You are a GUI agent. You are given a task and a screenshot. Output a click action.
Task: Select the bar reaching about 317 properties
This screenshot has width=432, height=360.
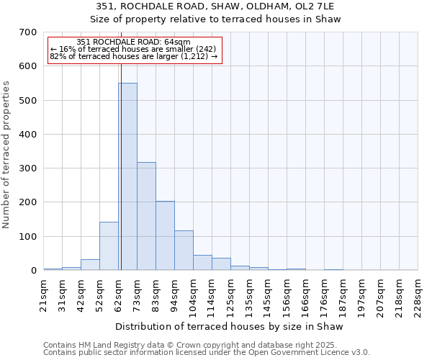(146, 216)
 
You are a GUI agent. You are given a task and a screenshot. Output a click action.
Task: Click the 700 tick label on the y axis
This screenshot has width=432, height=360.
(28, 32)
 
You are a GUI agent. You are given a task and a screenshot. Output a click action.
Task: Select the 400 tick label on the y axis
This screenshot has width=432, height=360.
(28, 135)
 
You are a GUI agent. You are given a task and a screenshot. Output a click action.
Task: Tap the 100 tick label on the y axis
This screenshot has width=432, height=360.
(28, 237)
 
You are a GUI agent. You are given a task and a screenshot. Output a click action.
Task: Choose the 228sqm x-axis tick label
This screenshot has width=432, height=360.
(418, 297)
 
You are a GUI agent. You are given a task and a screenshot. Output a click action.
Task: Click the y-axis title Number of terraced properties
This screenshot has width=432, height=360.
(7, 155)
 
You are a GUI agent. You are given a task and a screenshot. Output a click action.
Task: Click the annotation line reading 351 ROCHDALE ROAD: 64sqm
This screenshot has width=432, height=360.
(133, 42)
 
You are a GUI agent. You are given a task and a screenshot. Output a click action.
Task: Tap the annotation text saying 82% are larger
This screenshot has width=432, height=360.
(133, 56)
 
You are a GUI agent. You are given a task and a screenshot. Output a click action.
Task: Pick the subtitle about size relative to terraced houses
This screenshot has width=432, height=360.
(217, 19)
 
